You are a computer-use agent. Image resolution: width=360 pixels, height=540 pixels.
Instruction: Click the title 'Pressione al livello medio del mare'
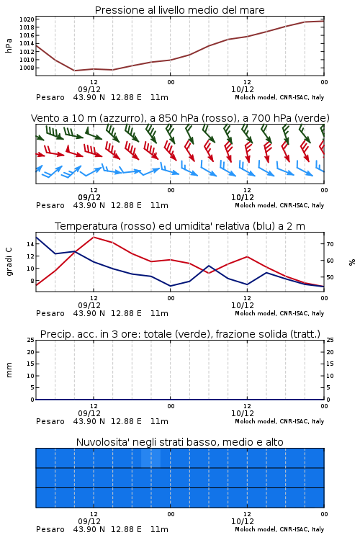coord(180,10)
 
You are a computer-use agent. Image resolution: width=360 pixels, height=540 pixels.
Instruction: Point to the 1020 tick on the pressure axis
coord(27,19)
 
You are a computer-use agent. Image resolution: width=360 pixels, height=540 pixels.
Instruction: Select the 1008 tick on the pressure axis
coord(27,68)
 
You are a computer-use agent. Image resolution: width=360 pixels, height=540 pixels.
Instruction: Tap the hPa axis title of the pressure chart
coord(9,45)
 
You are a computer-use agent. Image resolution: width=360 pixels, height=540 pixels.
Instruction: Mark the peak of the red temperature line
coord(94,237)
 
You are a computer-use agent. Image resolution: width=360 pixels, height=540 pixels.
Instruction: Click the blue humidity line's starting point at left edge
coord(36,237)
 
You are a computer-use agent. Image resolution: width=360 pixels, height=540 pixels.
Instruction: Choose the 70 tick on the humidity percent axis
coord(330,244)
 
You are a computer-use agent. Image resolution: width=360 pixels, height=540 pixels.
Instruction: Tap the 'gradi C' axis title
coord(9,261)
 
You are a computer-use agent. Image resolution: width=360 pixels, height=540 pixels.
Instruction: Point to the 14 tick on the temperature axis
coord(30,244)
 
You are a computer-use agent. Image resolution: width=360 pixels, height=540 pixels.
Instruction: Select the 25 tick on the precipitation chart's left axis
coord(31,340)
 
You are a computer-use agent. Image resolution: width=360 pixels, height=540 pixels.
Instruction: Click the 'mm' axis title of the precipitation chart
coord(9,369)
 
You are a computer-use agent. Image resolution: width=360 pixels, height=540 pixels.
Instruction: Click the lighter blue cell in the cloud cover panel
coord(151,458)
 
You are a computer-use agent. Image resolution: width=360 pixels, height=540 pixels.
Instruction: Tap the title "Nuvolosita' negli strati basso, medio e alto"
coord(180,442)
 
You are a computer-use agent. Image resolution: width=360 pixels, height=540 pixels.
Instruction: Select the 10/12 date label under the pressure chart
coord(243,89)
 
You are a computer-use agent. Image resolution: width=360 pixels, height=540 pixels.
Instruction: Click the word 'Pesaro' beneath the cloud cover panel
coord(50,529)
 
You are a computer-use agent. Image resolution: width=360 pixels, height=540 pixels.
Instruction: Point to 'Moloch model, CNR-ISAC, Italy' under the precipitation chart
coord(279,421)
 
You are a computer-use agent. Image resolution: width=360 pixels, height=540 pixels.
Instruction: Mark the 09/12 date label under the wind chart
coord(89,198)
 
